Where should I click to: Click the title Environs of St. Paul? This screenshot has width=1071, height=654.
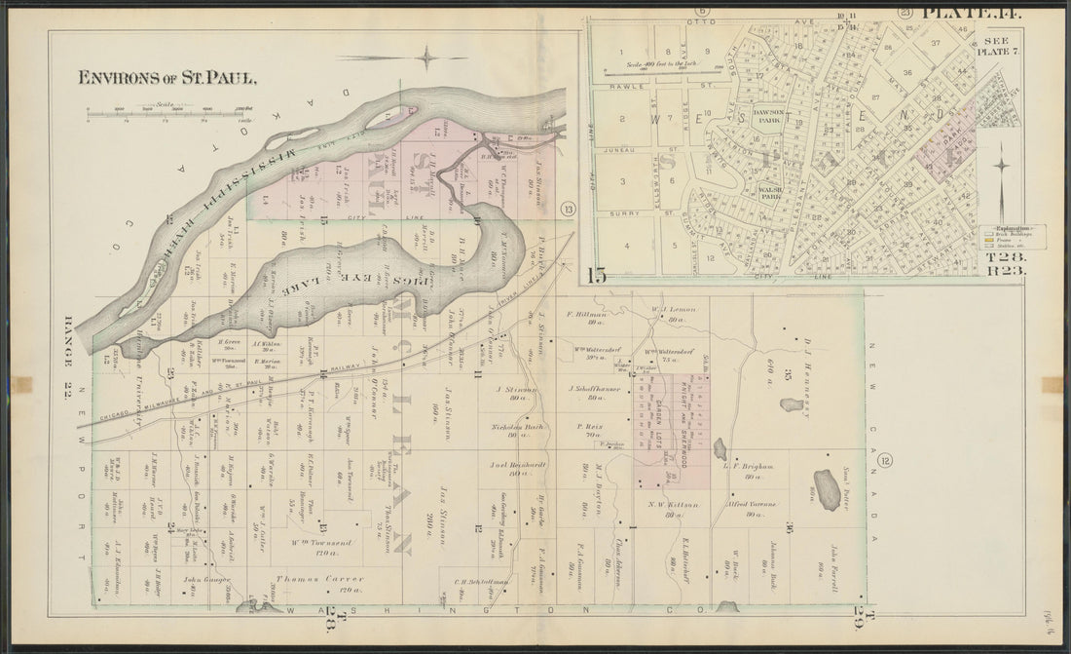pos(167,77)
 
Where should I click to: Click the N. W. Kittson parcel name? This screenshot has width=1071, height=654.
pos(670,503)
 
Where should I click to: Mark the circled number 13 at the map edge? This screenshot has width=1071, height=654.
pos(568,208)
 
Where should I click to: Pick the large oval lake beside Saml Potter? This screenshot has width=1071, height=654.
pos(827,488)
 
